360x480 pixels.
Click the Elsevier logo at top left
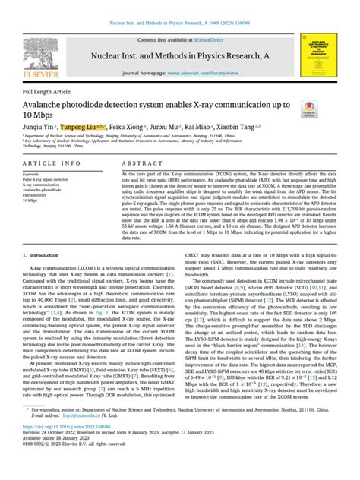[39, 47]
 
